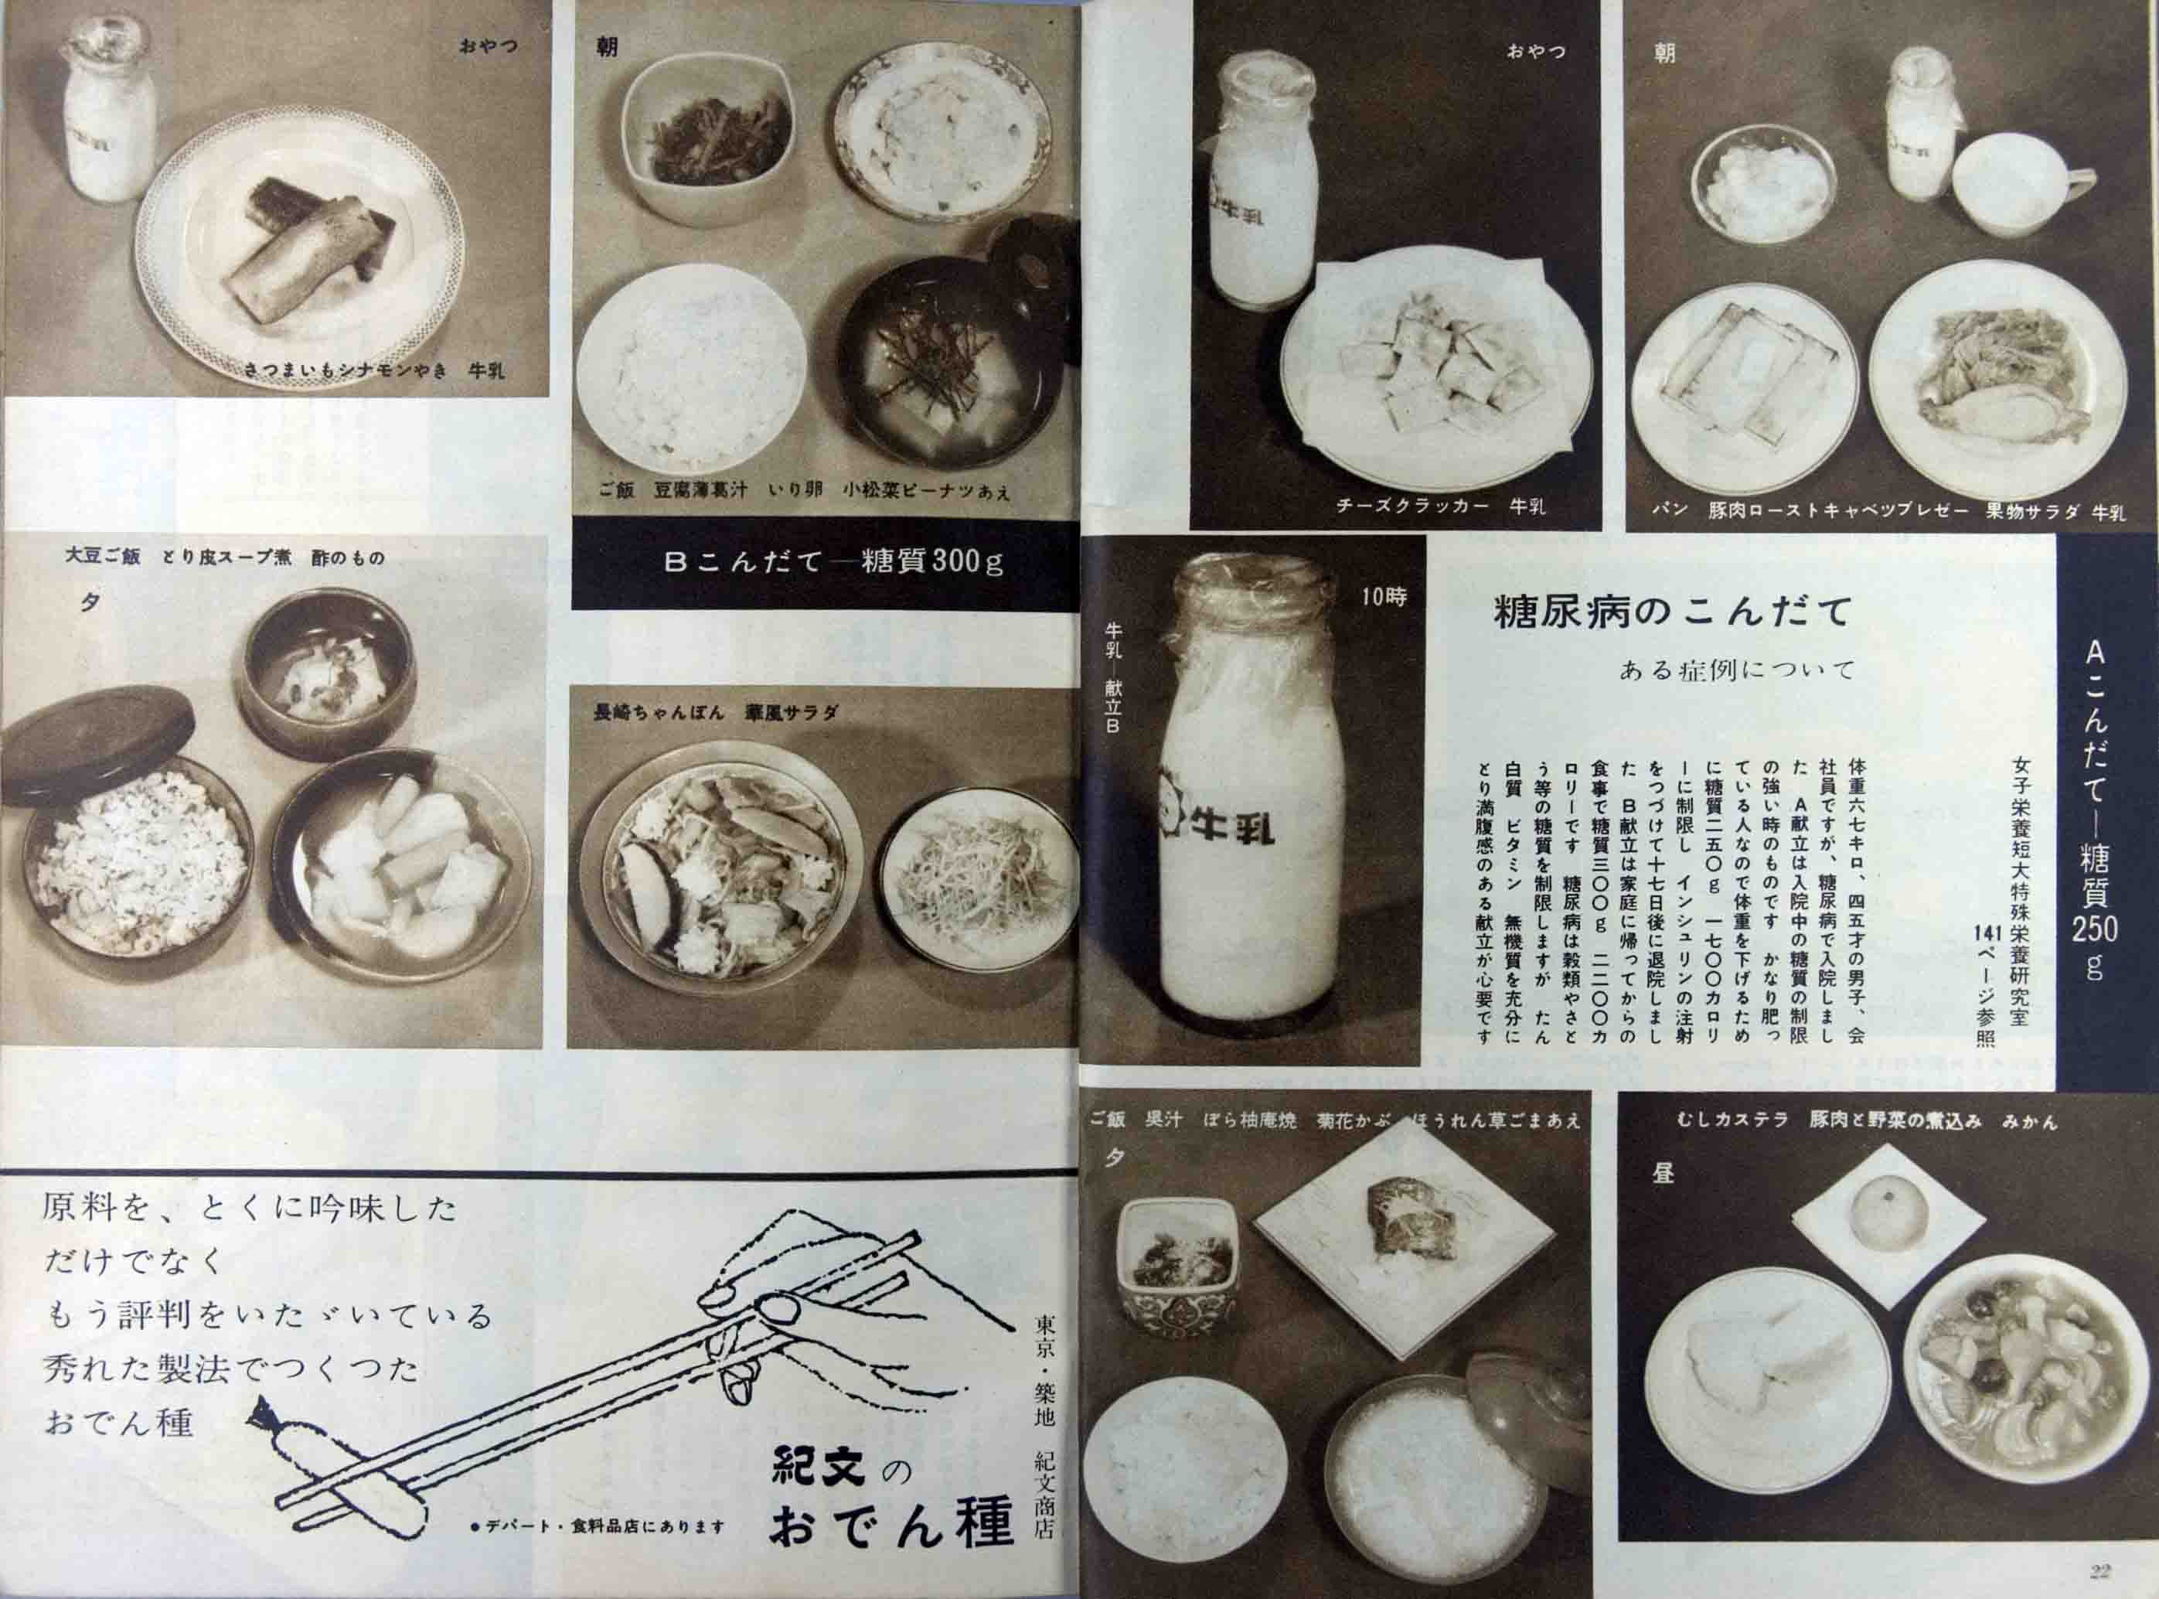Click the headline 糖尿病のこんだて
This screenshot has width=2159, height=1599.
point(1671,611)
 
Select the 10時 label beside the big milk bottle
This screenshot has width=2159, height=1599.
point(1383,597)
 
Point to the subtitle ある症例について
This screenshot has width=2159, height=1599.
point(1736,670)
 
